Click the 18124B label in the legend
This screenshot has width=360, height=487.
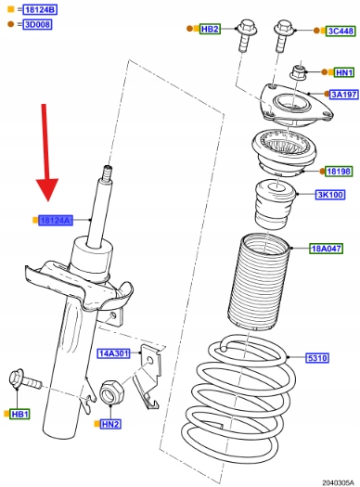pyautogui.click(x=40, y=9)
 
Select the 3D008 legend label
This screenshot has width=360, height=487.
pyautogui.click(x=37, y=24)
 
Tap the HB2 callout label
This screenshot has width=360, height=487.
pyautogui.click(x=210, y=29)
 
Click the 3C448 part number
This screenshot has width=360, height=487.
pyautogui.click(x=341, y=31)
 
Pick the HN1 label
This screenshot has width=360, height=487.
pyautogui.click(x=344, y=72)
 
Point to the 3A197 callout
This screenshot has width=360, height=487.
pyautogui.click(x=344, y=94)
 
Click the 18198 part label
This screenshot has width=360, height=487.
pyautogui.click(x=339, y=171)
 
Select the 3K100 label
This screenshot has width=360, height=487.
pyautogui.click(x=330, y=195)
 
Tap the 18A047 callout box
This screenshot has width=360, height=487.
pyautogui.click(x=327, y=249)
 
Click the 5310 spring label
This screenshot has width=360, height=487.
pyautogui.click(x=317, y=358)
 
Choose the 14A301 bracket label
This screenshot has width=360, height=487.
pyautogui.click(x=114, y=353)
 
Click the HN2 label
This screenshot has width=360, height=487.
pyautogui.click(x=110, y=424)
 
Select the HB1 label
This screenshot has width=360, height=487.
pyautogui.click(x=19, y=414)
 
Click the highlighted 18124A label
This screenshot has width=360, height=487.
pyautogui.click(x=56, y=220)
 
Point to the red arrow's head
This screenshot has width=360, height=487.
pyautogui.click(x=47, y=189)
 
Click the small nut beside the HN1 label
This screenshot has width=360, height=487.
pyautogui.click(x=298, y=72)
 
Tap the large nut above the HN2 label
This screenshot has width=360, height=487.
pyautogui.click(x=111, y=392)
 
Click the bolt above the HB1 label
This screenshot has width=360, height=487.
pyautogui.click(x=25, y=379)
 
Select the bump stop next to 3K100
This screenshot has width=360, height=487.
pyautogui.click(x=275, y=204)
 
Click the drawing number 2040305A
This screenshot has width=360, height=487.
pyautogui.click(x=338, y=482)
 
